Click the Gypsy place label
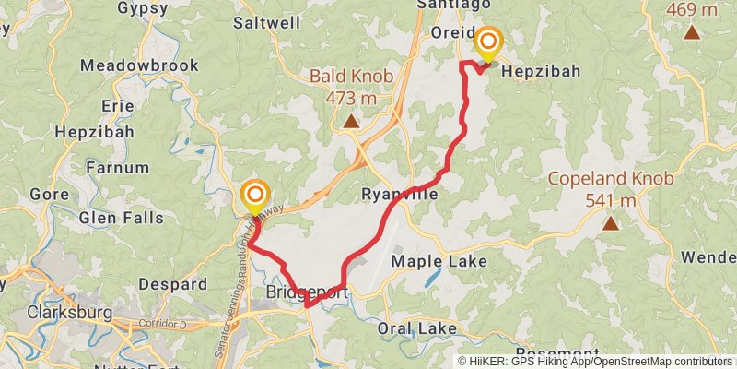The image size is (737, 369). point(143,8)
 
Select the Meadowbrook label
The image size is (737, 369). point(126,65)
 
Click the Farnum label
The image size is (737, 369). point(116,168)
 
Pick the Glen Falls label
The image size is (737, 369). point(122,218)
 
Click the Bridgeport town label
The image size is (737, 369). point(308,292)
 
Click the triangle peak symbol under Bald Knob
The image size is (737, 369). point(350,121)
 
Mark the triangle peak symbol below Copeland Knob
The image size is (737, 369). point(610,222)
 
